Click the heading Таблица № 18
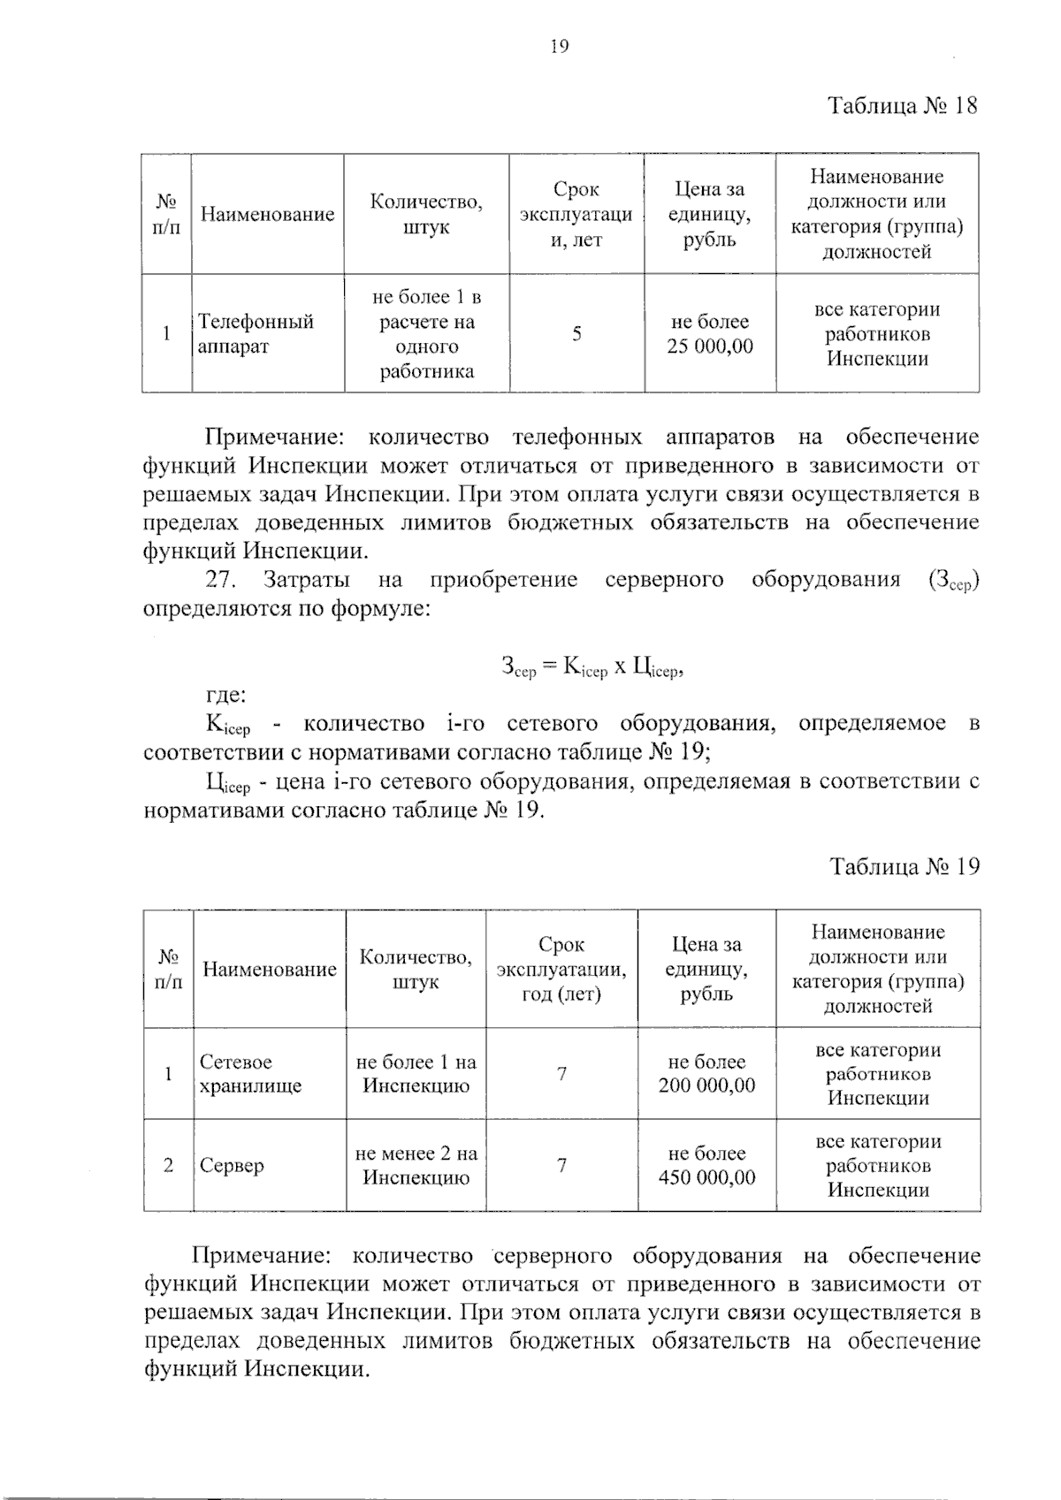pos(903,107)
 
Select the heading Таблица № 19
pos(905,866)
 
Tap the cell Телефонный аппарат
pos(256,333)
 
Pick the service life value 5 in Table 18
pos(576,334)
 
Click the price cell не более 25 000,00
pos(710,334)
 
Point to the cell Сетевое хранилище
pos(250,1074)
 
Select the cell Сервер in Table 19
pos(232,1165)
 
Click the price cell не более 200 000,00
pos(706,1074)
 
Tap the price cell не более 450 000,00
pos(706,1165)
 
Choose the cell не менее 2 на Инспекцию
pos(416,1165)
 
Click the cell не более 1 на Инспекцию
pos(416,1074)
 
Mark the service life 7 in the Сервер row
pos(561,1165)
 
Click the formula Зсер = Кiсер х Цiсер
pos(593,668)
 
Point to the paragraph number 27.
pos(218,581)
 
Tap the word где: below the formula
pos(225,697)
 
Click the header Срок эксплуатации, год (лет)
pos(561,970)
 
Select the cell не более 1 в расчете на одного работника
pos(426,334)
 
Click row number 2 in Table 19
pos(168,1165)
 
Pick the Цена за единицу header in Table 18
pos(710,214)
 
